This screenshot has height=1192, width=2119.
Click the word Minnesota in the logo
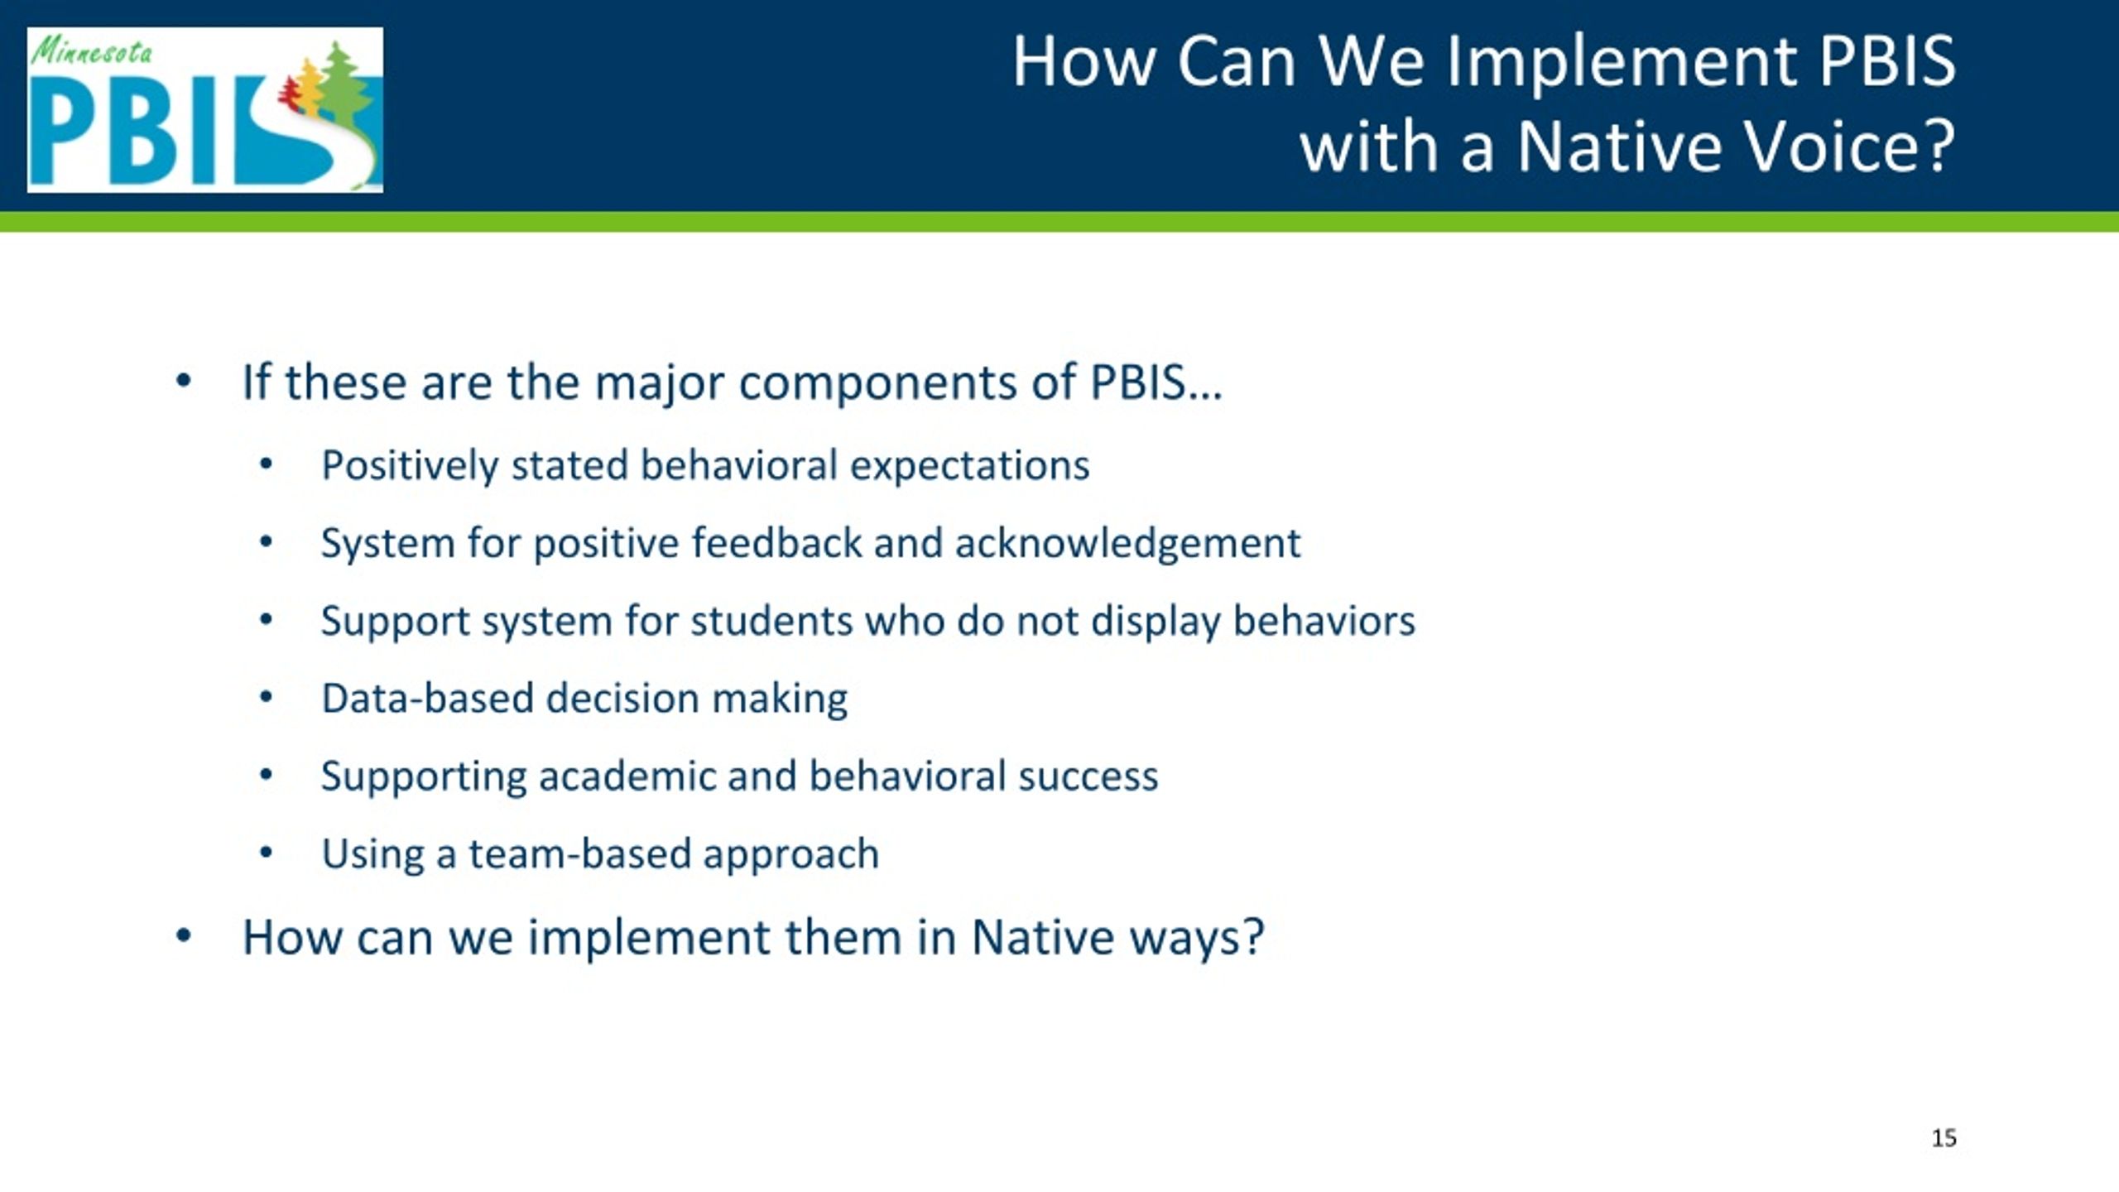[92, 53]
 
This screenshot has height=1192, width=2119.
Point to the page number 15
[1944, 1138]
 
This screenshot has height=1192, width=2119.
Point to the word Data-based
[428, 698]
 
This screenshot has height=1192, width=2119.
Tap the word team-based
[579, 854]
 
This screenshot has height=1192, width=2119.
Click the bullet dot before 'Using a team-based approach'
[266, 852]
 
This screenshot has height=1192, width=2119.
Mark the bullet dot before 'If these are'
[184, 382]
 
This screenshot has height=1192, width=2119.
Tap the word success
[1088, 776]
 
